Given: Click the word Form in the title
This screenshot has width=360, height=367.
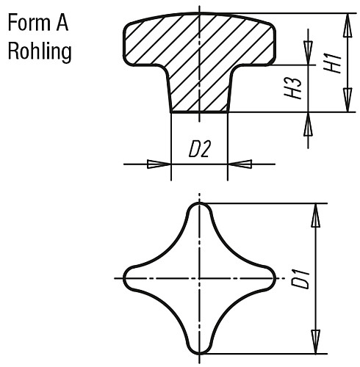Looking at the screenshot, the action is (x=29, y=23).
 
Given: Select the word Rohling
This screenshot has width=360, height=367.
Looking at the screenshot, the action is (x=40, y=51).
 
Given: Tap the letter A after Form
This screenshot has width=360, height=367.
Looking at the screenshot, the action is (x=62, y=23).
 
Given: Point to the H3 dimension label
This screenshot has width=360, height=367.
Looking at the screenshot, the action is (x=292, y=89).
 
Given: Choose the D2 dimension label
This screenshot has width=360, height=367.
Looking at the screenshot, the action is (x=200, y=149).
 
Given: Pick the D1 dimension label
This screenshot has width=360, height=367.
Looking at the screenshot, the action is (x=300, y=278).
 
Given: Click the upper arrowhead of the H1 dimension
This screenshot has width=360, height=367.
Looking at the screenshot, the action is (x=348, y=26).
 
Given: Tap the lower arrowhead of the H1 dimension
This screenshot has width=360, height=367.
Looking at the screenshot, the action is (x=348, y=100).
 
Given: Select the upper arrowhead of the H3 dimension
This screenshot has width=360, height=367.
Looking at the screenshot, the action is (x=308, y=53).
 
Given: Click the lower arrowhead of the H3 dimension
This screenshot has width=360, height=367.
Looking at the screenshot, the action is (x=308, y=124).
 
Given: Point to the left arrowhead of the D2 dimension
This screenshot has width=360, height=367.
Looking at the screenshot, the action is (x=159, y=164).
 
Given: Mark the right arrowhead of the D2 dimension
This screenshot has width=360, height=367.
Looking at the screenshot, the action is (x=240, y=164).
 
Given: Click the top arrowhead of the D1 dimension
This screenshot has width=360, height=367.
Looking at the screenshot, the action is (x=316, y=215).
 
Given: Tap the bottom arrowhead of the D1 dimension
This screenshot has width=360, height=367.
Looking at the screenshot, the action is (x=316, y=342).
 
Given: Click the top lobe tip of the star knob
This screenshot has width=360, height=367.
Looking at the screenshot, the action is (x=200, y=203).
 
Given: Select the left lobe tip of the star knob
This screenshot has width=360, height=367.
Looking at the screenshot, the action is (x=123, y=278).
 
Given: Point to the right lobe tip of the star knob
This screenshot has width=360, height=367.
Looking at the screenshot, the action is (x=276, y=278).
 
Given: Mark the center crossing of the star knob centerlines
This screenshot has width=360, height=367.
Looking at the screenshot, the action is (x=200, y=278).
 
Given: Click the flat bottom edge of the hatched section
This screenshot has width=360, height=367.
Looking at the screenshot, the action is (x=199, y=112).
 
